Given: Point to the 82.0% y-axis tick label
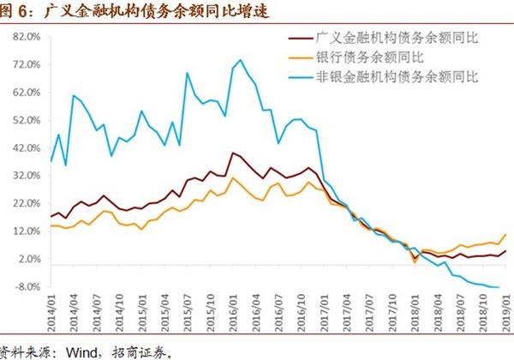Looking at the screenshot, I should coord(27,38).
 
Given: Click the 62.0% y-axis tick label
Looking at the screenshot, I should coord(27,93).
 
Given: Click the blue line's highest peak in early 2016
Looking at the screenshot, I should coord(239,59).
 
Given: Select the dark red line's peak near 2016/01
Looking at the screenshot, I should coord(232,153).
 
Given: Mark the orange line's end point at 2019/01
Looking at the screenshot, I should coord(505,234).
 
